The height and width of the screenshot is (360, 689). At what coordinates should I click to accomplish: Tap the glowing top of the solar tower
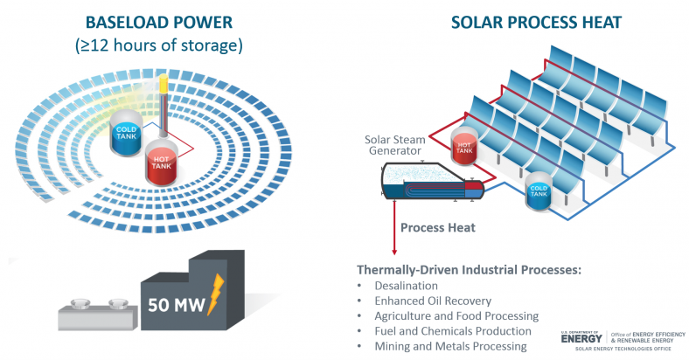tap(163, 87)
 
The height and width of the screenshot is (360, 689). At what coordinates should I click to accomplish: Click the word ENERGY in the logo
tap(583, 338)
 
